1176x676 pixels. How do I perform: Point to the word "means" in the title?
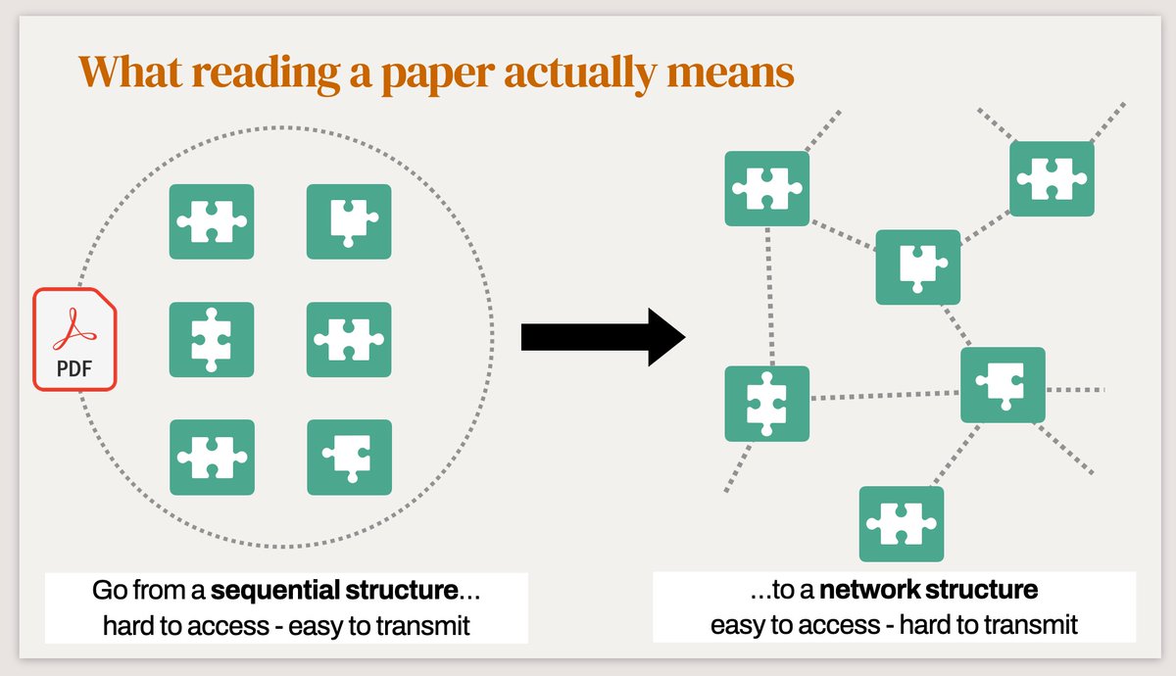(737, 71)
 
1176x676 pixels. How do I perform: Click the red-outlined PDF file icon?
(76, 338)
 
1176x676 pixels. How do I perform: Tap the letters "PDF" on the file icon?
(75, 371)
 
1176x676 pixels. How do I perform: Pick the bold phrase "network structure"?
(929, 592)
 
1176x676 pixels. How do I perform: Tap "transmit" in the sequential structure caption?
(421, 625)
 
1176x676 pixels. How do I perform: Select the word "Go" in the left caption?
(110, 592)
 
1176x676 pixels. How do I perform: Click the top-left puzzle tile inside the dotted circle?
(212, 222)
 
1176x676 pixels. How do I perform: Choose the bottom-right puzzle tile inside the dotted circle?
(349, 457)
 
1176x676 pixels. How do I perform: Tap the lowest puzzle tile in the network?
(902, 524)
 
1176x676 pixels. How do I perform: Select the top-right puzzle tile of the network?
(1052, 179)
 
